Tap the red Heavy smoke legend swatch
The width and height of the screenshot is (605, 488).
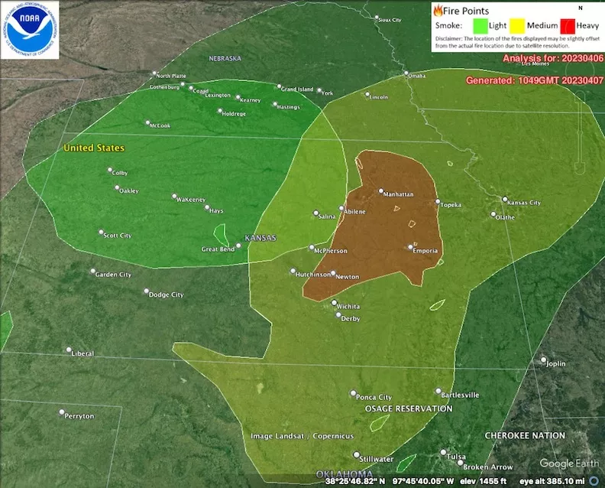(x=566, y=25)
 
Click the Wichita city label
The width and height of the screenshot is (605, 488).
(x=348, y=306)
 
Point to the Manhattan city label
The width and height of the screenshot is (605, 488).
(x=399, y=194)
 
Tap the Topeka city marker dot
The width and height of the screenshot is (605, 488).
(x=438, y=202)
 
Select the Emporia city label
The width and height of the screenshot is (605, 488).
(x=425, y=251)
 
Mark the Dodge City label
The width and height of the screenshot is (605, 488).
(x=166, y=294)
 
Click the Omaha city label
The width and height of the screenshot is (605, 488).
(x=416, y=76)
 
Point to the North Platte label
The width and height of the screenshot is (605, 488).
(x=171, y=76)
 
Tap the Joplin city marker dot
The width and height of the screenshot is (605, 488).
(x=544, y=359)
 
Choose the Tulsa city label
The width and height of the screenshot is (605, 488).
(x=456, y=457)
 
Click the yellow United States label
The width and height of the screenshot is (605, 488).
(x=94, y=148)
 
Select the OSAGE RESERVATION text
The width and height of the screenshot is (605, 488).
(x=409, y=408)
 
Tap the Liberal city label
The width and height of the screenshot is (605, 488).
(x=82, y=353)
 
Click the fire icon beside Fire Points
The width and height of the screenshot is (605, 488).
(x=438, y=11)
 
